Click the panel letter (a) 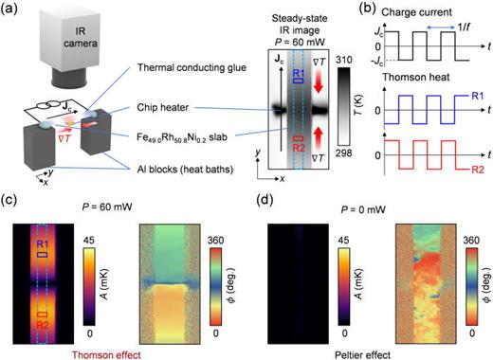coord(11,9)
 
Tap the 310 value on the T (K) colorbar coord(347,59)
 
